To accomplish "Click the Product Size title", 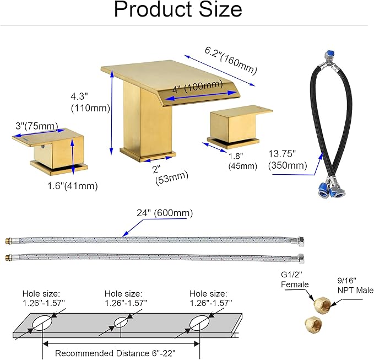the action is click(178, 9).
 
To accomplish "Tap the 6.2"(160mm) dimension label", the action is click(231, 60).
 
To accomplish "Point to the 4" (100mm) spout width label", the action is click(198, 87).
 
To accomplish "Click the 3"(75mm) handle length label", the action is click(37, 126).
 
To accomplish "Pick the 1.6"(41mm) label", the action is click(73, 186).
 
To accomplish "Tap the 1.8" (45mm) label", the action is click(242, 161).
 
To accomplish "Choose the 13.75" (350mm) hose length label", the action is click(288, 159).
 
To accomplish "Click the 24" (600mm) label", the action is click(165, 213).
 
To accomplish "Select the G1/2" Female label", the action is click(295, 280).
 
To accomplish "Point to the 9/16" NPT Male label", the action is click(355, 285).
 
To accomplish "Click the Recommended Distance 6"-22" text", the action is click(115, 353).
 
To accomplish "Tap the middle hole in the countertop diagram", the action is click(121, 323).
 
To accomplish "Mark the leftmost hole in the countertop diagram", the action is click(42, 323).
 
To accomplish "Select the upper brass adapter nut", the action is click(322, 304).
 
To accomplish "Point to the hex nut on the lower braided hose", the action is click(301, 259).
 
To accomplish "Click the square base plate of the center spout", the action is click(148, 155).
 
